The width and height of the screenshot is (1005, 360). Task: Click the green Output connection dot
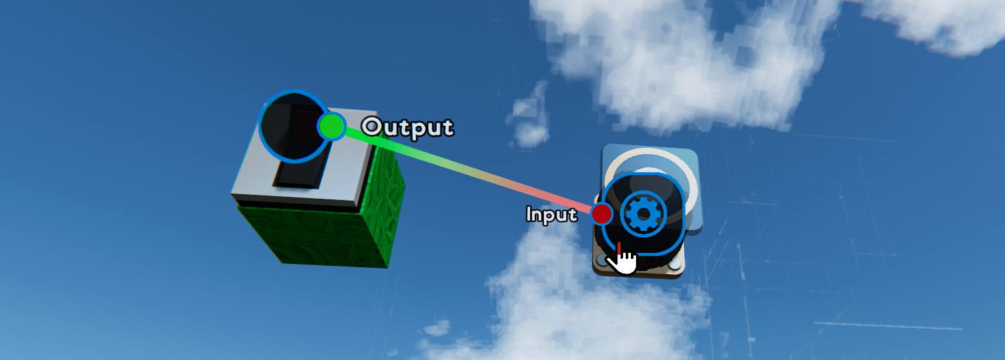[332, 126]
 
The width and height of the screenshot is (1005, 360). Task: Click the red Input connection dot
[602, 213]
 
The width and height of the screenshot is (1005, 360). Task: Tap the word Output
[408, 127]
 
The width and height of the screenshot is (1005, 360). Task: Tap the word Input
[552, 214]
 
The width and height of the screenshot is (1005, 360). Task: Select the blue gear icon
[644, 212]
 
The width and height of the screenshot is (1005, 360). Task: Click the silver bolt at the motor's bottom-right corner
[675, 265]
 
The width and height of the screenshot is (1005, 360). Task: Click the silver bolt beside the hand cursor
[602, 260]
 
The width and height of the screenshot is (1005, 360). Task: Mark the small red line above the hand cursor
[619, 248]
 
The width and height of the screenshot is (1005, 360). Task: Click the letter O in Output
[372, 126]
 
